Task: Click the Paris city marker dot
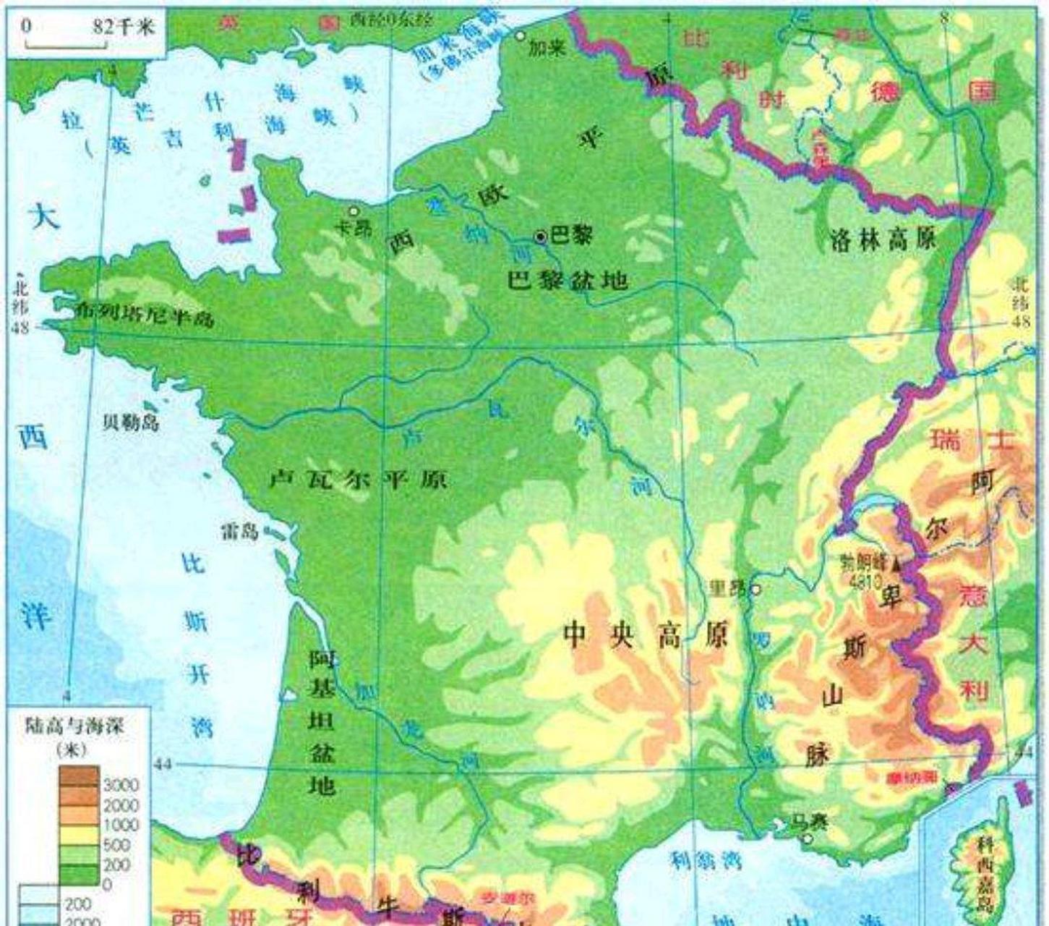[x=540, y=237]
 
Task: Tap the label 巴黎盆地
[x=566, y=279]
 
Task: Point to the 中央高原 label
[x=645, y=636]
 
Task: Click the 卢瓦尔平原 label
[x=358, y=479]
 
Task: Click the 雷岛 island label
[x=239, y=532]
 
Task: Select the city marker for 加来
[x=520, y=35]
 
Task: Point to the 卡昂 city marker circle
[x=354, y=211]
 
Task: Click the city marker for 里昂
[x=755, y=589]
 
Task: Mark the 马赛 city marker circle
[x=808, y=839]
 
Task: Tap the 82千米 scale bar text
[x=124, y=27]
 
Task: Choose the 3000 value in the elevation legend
[x=121, y=785]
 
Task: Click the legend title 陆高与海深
[x=74, y=726]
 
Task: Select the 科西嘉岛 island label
[x=984, y=872]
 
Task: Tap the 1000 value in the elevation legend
[x=121, y=825]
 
